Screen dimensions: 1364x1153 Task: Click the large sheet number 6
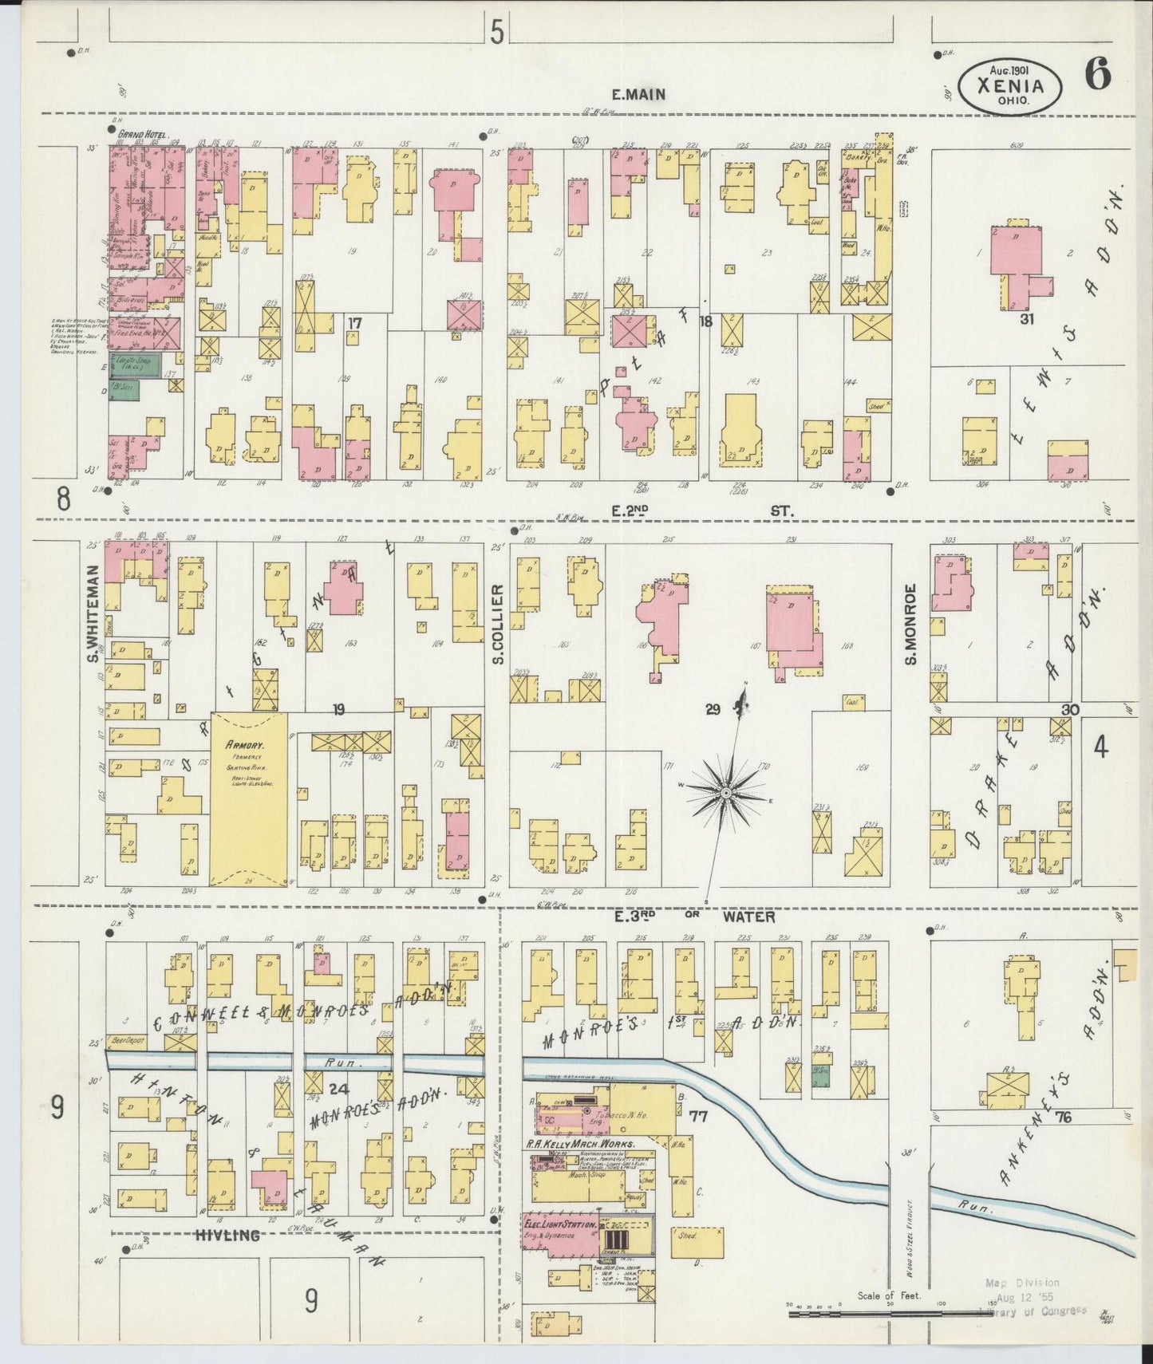click(1098, 77)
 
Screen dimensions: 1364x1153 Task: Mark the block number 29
click(713, 708)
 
